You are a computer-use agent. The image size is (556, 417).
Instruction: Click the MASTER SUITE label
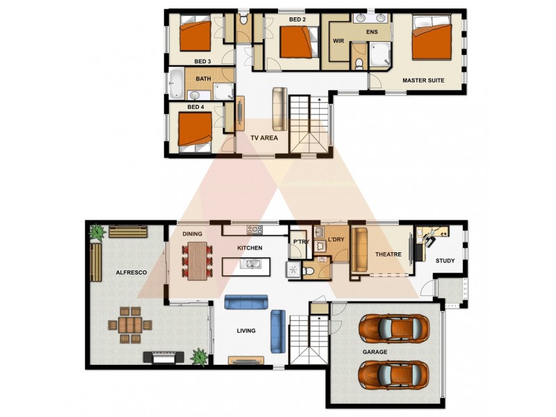423,81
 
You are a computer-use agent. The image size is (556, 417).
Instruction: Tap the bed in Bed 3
195,33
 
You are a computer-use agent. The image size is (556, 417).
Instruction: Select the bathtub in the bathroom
177,83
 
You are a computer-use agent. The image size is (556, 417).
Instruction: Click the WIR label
338,41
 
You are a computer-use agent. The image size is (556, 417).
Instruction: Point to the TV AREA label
264,138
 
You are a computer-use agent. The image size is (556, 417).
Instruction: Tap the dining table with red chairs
197,261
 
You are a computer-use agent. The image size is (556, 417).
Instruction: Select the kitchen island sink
250,264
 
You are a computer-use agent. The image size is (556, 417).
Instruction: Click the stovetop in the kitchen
254,230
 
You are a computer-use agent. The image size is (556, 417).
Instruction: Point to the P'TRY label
301,242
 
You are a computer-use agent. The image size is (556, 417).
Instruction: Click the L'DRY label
336,239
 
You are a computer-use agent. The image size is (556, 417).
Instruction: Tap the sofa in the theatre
359,250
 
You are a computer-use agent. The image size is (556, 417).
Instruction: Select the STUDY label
445,261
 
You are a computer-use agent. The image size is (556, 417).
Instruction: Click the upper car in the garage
394,328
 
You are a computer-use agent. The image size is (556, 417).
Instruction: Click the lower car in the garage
394,375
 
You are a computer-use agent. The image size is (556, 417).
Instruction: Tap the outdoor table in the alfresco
130,325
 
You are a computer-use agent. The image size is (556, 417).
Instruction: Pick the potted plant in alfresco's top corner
97,232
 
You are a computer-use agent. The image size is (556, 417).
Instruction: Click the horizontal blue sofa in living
246,302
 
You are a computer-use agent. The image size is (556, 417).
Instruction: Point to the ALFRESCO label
131,272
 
